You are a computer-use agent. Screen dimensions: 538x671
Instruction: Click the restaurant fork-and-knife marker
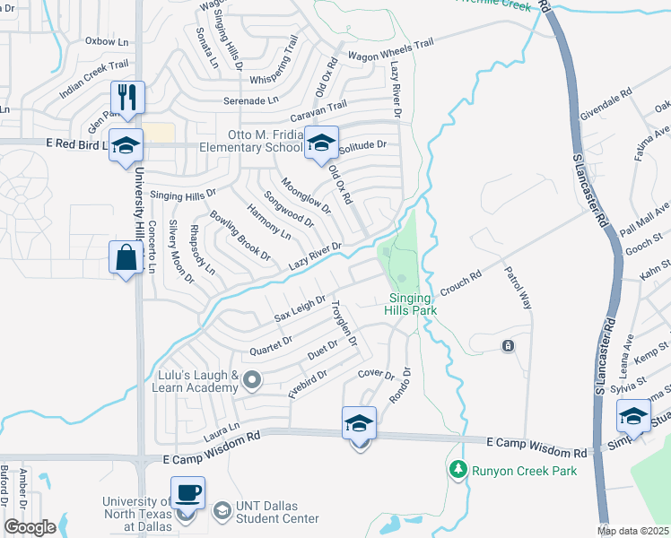pos(126,99)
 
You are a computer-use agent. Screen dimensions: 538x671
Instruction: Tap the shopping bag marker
pos(126,258)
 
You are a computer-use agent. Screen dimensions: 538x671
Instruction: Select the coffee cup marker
pos(187,493)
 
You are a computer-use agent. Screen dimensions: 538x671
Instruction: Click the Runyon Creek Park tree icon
pos(458,469)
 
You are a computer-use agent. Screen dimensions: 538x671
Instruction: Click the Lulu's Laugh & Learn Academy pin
pos(252,381)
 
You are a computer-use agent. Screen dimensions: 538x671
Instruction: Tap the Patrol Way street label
pos(518,288)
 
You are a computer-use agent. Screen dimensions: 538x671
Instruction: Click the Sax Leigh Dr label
pos(300,311)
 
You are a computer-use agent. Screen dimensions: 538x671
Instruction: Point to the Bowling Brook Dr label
pos(240,236)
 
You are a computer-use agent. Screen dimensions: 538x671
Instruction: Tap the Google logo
pos(29,527)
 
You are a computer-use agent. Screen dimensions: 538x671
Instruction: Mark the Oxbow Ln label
pos(108,40)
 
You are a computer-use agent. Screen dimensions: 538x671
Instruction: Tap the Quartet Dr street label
pos(274,341)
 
